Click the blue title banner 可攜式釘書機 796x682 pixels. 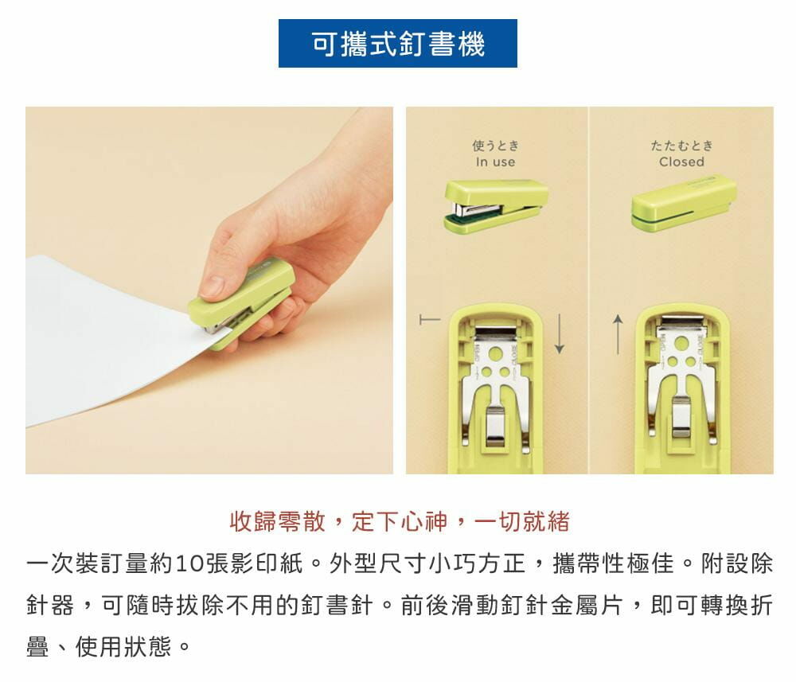point(397,44)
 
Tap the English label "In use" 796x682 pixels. point(495,162)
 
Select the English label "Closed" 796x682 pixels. point(682,162)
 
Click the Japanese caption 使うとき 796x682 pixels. point(495,146)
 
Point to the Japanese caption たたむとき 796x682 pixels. point(682,146)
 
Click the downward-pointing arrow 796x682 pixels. point(560,333)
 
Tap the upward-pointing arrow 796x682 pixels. point(618,334)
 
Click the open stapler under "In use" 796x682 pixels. point(495,205)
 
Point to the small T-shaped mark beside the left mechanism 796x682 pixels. point(430,320)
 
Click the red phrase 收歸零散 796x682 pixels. point(277,522)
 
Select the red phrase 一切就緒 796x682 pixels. point(522,522)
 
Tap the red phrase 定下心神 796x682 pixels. point(400,522)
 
